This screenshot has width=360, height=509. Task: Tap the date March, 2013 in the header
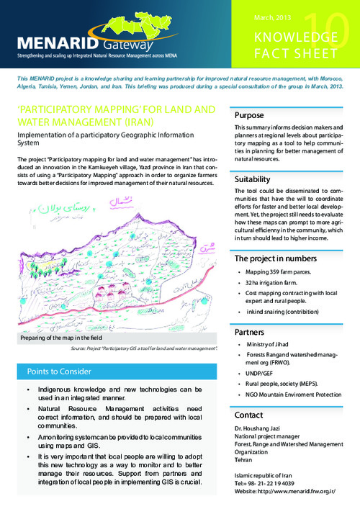(x=271, y=17)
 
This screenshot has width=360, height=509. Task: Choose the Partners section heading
(x=251, y=332)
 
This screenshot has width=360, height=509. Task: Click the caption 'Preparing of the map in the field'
(x=60, y=338)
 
